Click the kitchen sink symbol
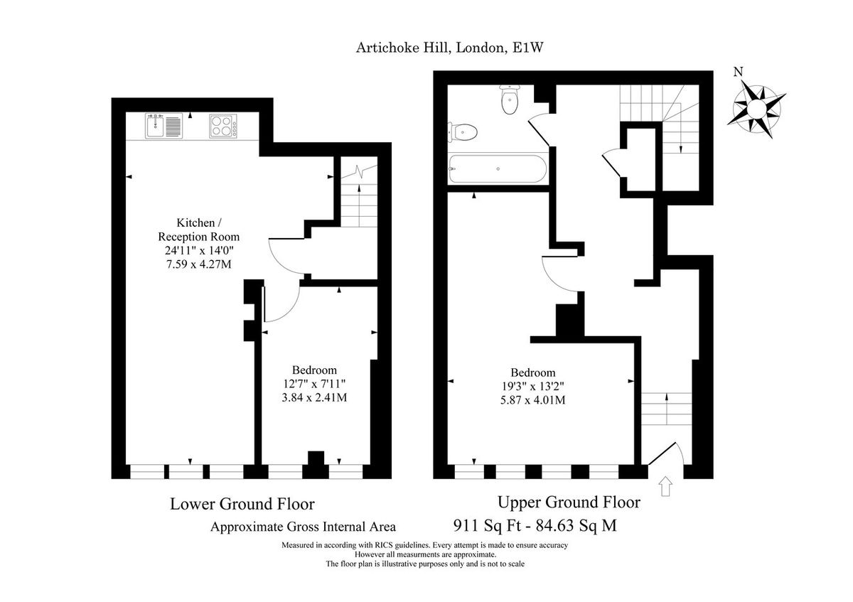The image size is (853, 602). coord(164,126)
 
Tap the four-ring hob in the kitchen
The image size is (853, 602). coord(223,127)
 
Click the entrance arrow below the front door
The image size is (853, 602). coord(665,487)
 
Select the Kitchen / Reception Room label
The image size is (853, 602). coord(198,230)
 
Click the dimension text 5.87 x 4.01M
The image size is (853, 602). coord(532,400)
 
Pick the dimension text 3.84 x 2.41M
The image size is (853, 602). coord(313,397)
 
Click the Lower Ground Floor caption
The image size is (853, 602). coord(242,505)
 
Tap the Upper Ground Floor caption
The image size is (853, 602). coord(569,502)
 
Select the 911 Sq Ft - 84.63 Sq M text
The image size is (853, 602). coord(535,526)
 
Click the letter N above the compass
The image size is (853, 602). coord(738,72)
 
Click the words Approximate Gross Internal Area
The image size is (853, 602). coord(303,527)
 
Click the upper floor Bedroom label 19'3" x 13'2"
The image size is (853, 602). coord(532,387)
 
